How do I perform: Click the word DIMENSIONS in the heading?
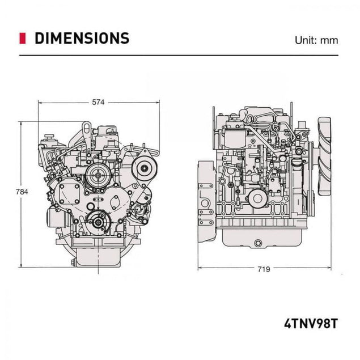click(82, 39)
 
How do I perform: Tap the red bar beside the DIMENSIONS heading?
click(22, 39)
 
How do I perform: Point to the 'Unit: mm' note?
click(316, 40)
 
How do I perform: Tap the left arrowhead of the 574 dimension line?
click(40, 103)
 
